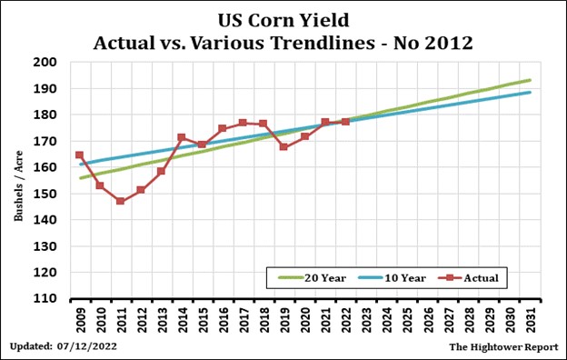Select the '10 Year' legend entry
click(x=395, y=275)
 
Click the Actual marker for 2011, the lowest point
click(x=120, y=201)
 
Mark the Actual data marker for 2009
click(x=80, y=155)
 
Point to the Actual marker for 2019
click(x=283, y=146)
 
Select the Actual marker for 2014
click(x=182, y=137)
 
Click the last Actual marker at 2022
click(x=345, y=121)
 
